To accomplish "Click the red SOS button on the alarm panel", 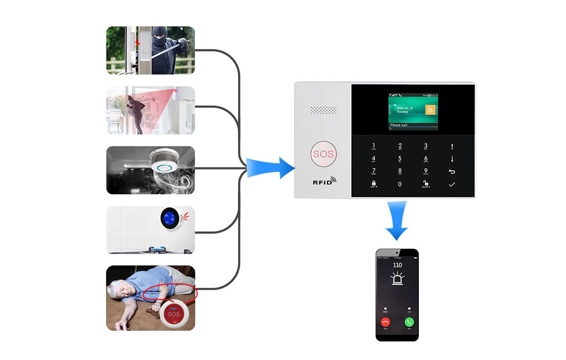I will point(323,154).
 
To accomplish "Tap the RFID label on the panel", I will point(324,182).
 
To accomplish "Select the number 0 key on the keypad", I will point(400,184).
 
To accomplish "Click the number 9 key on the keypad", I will point(426,171).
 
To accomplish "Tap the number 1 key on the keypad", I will point(374,146).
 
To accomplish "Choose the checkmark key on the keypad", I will point(452,184).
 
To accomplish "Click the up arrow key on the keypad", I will point(452,147).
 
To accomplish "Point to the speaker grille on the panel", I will point(323,111).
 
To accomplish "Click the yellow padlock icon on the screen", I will point(429,110).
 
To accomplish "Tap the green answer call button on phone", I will point(409,322).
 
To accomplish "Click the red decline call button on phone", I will point(385,322).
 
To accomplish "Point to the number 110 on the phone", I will point(397,265).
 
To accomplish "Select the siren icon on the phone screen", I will point(397,279).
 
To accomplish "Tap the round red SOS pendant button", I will point(173,314).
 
